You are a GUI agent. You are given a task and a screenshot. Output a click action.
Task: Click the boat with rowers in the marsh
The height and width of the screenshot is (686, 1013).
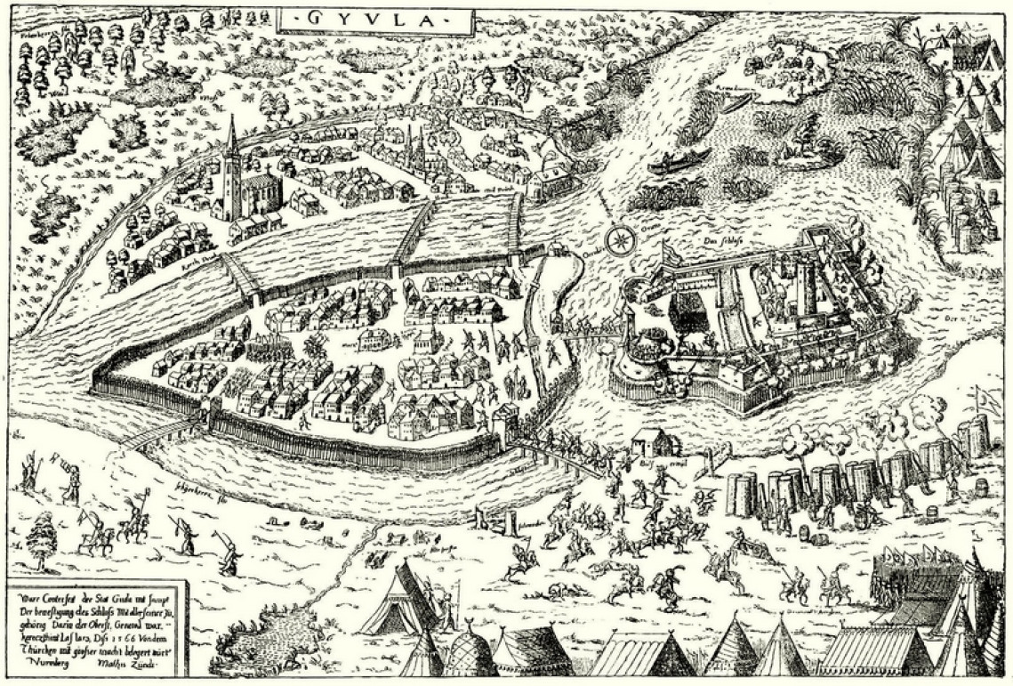[x=679, y=161]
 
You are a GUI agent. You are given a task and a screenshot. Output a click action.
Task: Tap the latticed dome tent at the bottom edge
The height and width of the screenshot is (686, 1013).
[x=466, y=654]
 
